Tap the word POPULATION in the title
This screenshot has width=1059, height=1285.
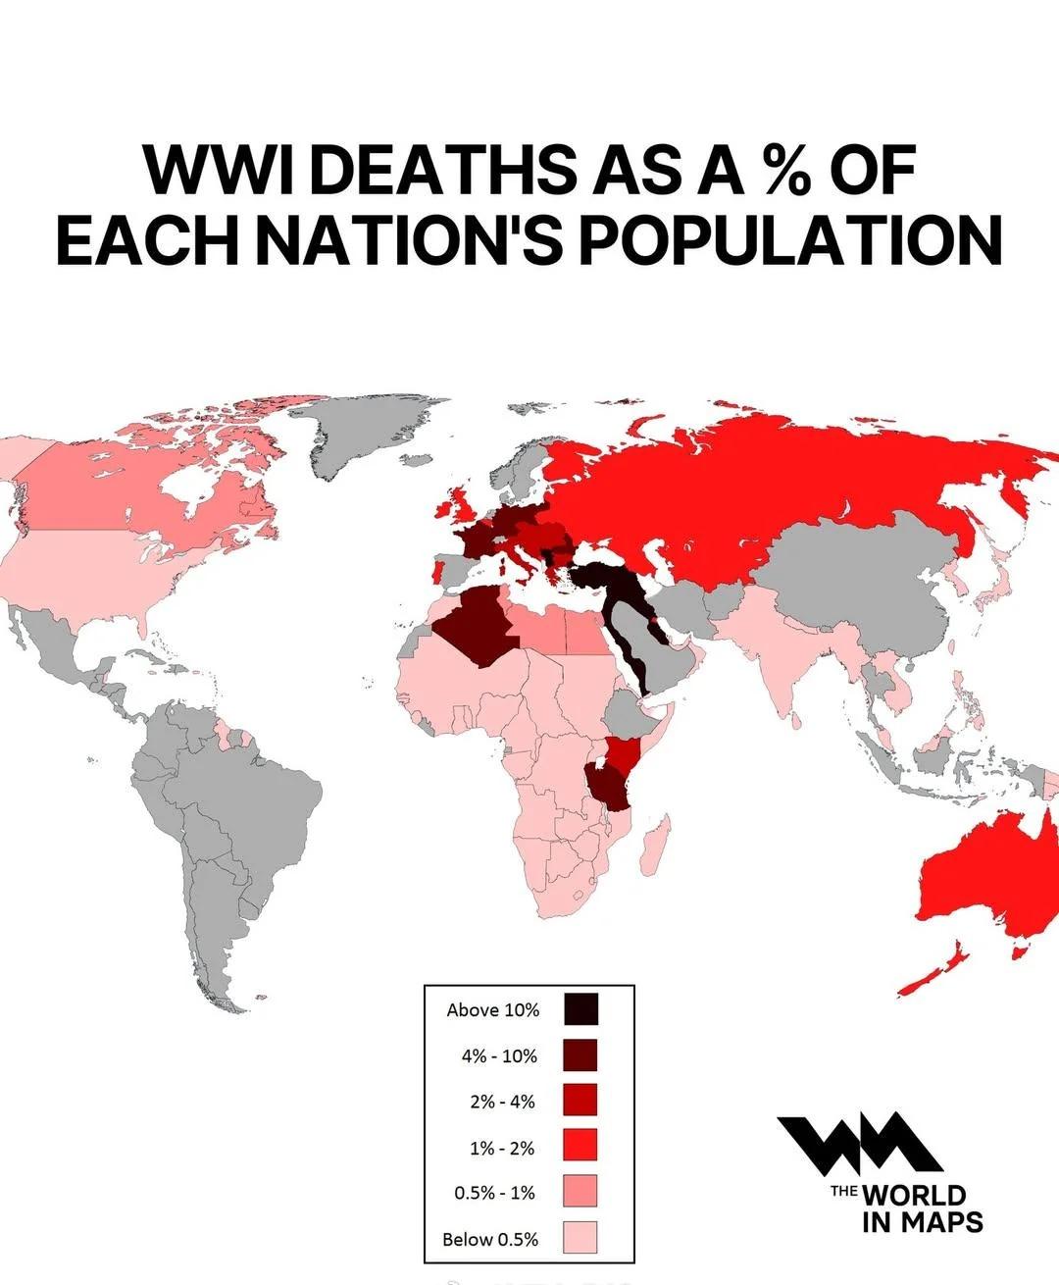pos(790,240)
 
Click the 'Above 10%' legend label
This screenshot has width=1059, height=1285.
pos(492,1009)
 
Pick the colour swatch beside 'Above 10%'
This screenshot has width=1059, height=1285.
pos(580,1009)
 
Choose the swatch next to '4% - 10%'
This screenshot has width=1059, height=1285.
pos(580,1055)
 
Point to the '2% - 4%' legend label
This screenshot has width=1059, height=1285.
pos(502,1102)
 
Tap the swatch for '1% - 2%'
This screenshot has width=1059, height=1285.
pos(580,1147)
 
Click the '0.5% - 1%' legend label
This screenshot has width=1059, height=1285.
pos(494,1193)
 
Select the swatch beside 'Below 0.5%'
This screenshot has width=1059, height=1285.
pos(580,1238)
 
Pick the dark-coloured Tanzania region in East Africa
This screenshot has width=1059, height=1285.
pos(608,785)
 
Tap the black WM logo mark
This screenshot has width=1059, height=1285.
pos(859,1144)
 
